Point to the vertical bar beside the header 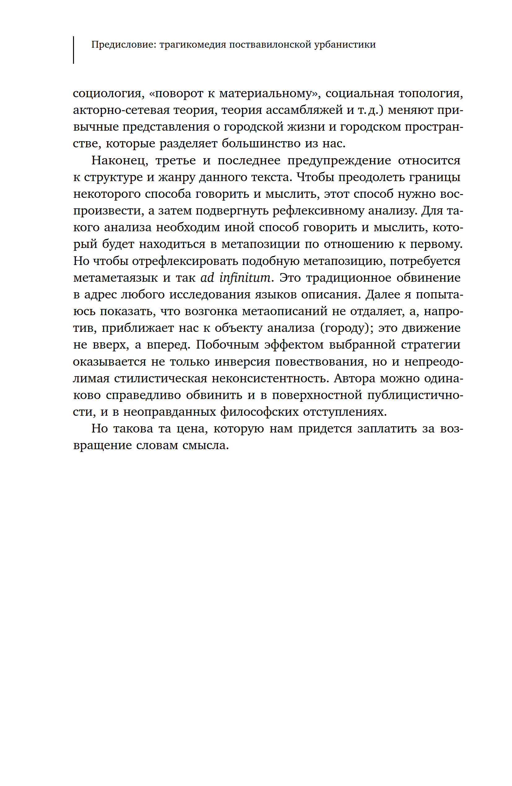(x=73, y=50)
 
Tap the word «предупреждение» (x=339, y=160)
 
